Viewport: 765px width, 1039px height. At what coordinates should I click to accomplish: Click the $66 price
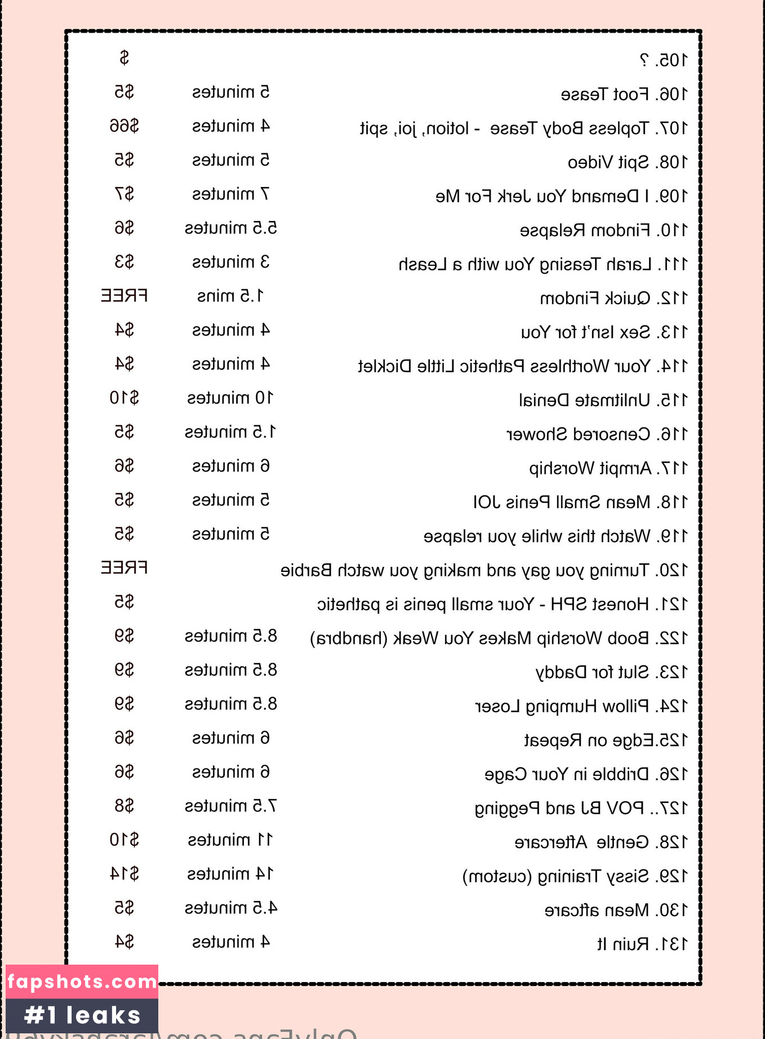point(124,126)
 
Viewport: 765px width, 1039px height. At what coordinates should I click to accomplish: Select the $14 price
point(124,874)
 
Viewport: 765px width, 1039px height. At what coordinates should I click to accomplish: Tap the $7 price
point(124,194)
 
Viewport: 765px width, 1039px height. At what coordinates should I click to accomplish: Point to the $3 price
point(124,262)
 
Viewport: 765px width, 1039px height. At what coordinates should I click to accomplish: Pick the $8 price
point(124,806)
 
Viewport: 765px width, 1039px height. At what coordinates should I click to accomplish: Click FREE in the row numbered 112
point(124,296)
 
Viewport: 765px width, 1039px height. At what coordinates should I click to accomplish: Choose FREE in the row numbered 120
point(124,567)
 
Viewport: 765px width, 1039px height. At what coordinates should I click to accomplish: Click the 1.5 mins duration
point(230,296)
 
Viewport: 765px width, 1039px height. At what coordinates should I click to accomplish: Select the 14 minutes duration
point(230,874)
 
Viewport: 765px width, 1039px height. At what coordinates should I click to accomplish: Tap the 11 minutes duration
point(230,840)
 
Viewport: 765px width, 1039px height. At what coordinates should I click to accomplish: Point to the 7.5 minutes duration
point(230,806)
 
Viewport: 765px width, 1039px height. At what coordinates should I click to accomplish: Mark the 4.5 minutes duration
point(230,908)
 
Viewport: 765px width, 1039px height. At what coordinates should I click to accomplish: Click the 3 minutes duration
point(230,262)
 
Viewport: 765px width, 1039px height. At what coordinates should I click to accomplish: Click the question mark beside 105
point(644,60)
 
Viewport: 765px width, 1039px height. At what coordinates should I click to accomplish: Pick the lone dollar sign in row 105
point(124,58)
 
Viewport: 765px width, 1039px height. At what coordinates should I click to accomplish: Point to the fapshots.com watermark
point(82,982)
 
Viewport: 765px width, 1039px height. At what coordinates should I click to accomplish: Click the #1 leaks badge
point(82,1015)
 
